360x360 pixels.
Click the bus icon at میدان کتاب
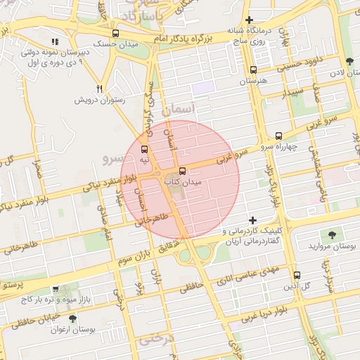183,171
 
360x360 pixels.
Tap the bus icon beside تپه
144,149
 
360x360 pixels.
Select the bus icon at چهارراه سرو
278,136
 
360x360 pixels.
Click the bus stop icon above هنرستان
254,70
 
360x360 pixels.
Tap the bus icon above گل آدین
297,276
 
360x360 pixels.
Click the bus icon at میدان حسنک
115,33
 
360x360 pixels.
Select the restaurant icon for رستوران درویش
100,89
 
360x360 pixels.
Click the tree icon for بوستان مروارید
331,235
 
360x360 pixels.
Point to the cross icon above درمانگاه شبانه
249,20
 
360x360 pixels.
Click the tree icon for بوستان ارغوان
72,319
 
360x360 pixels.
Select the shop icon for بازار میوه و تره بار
56,289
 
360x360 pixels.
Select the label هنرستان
254,81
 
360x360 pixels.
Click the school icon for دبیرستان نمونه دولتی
56,41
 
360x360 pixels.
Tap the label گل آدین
297,286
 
